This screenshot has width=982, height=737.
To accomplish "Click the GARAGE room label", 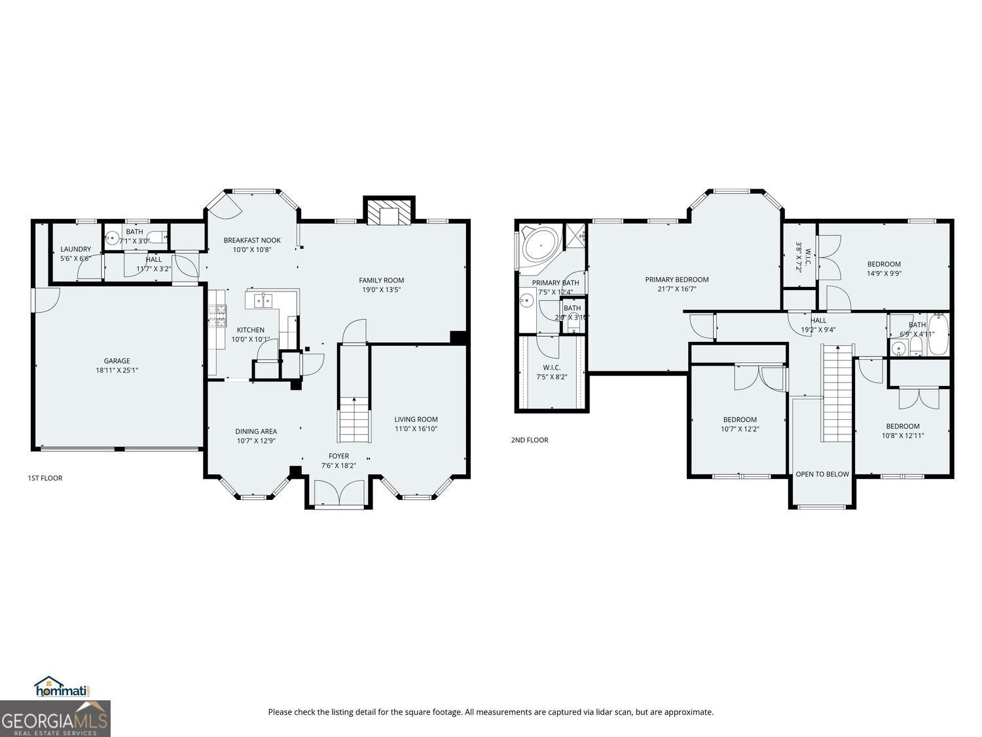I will coord(117,361).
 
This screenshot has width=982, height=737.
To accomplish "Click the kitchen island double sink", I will coord(263,301).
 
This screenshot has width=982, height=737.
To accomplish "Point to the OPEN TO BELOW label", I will coord(822,474).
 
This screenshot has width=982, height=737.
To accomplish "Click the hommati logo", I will coord(61,687).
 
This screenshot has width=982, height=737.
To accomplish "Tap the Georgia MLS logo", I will coord(55,719).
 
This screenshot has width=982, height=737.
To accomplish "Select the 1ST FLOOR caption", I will coord(45,478).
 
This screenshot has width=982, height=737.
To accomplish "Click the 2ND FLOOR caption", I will coord(530,440).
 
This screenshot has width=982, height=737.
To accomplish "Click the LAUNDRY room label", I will coord(75,250).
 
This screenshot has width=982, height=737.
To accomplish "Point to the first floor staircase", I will coord(354,420).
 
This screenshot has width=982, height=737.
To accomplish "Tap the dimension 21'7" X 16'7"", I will coord(676,289).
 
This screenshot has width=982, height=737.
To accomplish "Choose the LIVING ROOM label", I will coord(416,420).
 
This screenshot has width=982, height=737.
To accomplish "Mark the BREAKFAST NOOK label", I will coord(252,240).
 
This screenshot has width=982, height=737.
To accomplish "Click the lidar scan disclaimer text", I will coord(490,712).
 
